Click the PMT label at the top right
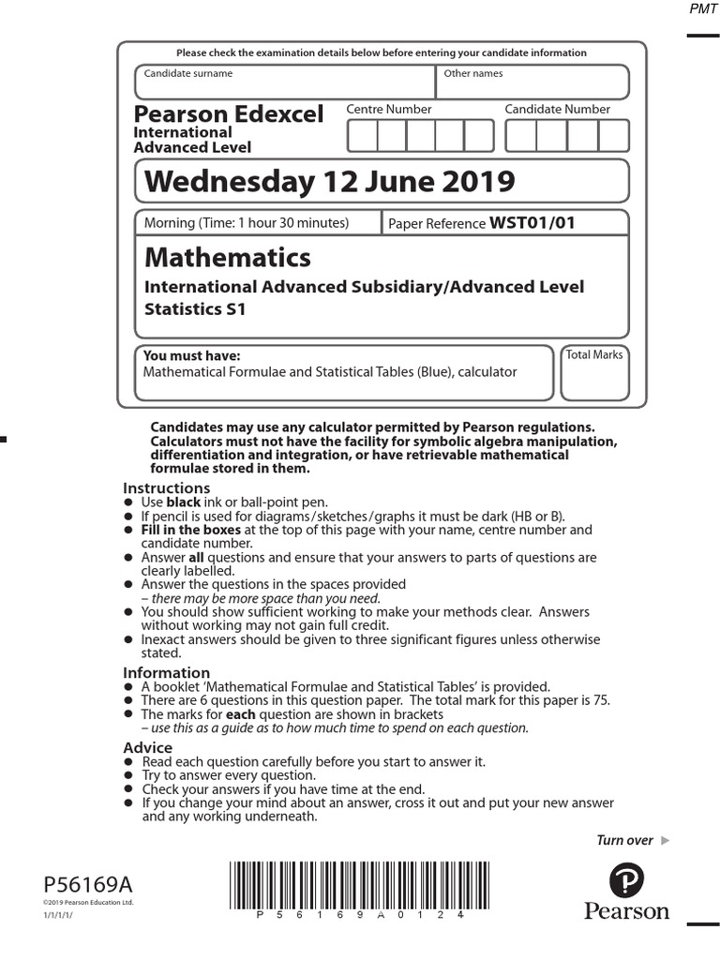point(702,9)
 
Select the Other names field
point(532,82)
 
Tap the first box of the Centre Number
point(362,136)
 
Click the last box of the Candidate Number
point(613,136)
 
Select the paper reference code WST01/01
point(532,223)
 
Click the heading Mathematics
point(228,257)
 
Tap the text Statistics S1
point(195,308)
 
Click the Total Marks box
point(594,375)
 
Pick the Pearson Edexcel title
point(229,114)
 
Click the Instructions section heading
point(167,488)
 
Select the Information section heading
point(167,673)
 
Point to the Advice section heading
point(148,748)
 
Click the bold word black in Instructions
point(184,502)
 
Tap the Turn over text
point(625,840)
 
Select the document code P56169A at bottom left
point(88,885)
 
